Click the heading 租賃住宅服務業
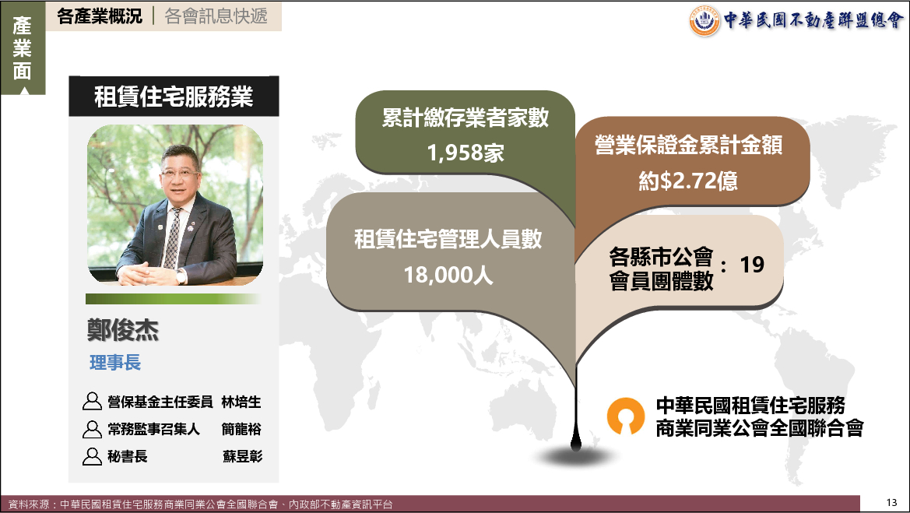[x=174, y=97]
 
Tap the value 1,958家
[x=466, y=153]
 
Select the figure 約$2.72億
[x=688, y=181]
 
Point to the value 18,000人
[x=448, y=275]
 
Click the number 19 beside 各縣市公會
[x=752, y=265]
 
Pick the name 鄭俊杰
[x=123, y=330]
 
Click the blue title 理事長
[x=115, y=363]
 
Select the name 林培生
[x=241, y=402]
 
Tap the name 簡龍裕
[x=241, y=429]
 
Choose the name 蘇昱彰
[x=242, y=456]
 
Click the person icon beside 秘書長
[x=92, y=456]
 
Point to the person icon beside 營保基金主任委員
[x=92, y=401]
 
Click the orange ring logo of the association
[x=626, y=415]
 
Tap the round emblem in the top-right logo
[x=704, y=22]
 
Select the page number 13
[x=891, y=503]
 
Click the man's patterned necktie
[x=173, y=237]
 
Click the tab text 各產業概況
[x=99, y=16]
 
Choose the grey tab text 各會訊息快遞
[x=216, y=16]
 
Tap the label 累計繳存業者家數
[x=466, y=118]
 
